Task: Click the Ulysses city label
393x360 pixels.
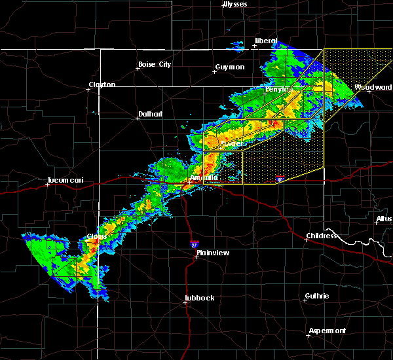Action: click(235, 4)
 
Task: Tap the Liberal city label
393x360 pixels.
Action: click(266, 41)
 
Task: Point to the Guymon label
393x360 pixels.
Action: click(229, 67)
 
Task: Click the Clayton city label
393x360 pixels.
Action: click(102, 84)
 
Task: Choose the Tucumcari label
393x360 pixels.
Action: click(64, 180)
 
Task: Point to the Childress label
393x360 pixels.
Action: click(322, 236)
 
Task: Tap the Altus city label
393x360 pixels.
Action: click(384, 218)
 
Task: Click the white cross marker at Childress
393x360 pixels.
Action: click(306, 240)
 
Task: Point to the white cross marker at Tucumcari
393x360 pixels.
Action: click(48, 185)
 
